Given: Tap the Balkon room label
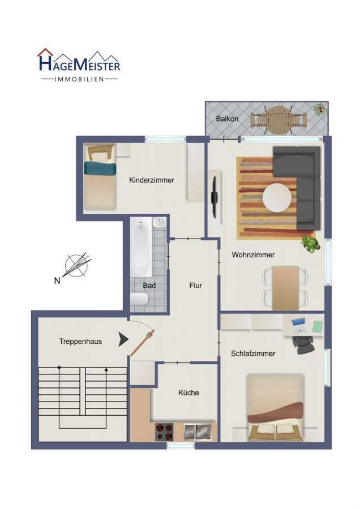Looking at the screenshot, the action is (x=227, y=119).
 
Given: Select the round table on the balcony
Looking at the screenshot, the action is (x=278, y=120).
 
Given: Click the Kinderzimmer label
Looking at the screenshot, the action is (x=151, y=180).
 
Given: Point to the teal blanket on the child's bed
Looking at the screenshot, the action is (x=100, y=169).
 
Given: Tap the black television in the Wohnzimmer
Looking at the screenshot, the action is (x=215, y=197).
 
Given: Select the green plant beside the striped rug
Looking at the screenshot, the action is (x=310, y=243).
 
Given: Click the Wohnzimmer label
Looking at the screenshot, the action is (x=253, y=255).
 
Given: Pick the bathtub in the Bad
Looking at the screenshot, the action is (x=141, y=247).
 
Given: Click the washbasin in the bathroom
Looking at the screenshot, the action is (x=159, y=223).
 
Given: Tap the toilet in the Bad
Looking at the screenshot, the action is (x=140, y=299).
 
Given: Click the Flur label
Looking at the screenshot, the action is (x=196, y=286).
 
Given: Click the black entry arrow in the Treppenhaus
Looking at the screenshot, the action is (x=123, y=339).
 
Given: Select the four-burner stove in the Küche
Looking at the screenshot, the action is (x=164, y=432).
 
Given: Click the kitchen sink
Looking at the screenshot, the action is (x=198, y=432).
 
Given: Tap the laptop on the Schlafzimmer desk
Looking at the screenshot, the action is (x=298, y=325).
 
